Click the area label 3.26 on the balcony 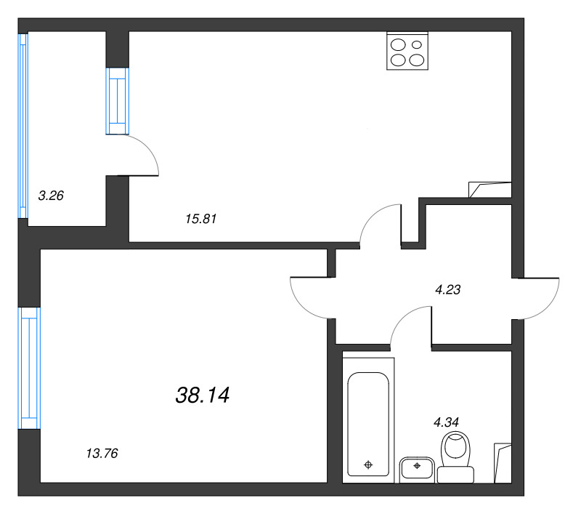(x=50, y=195)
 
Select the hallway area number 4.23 (x=448, y=289)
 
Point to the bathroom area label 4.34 (x=447, y=420)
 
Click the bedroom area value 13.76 (x=102, y=454)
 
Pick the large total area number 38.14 (x=203, y=395)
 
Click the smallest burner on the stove (x=417, y=44)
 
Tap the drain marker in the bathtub (x=368, y=464)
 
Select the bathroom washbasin (x=417, y=468)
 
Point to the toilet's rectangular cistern (x=456, y=474)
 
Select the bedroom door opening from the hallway (x=309, y=298)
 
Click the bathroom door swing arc (x=411, y=324)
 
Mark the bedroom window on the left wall (x=29, y=368)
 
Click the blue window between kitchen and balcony (x=117, y=101)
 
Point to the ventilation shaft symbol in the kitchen (x=491, y=189)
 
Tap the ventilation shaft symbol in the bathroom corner (x=503, y=462)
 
